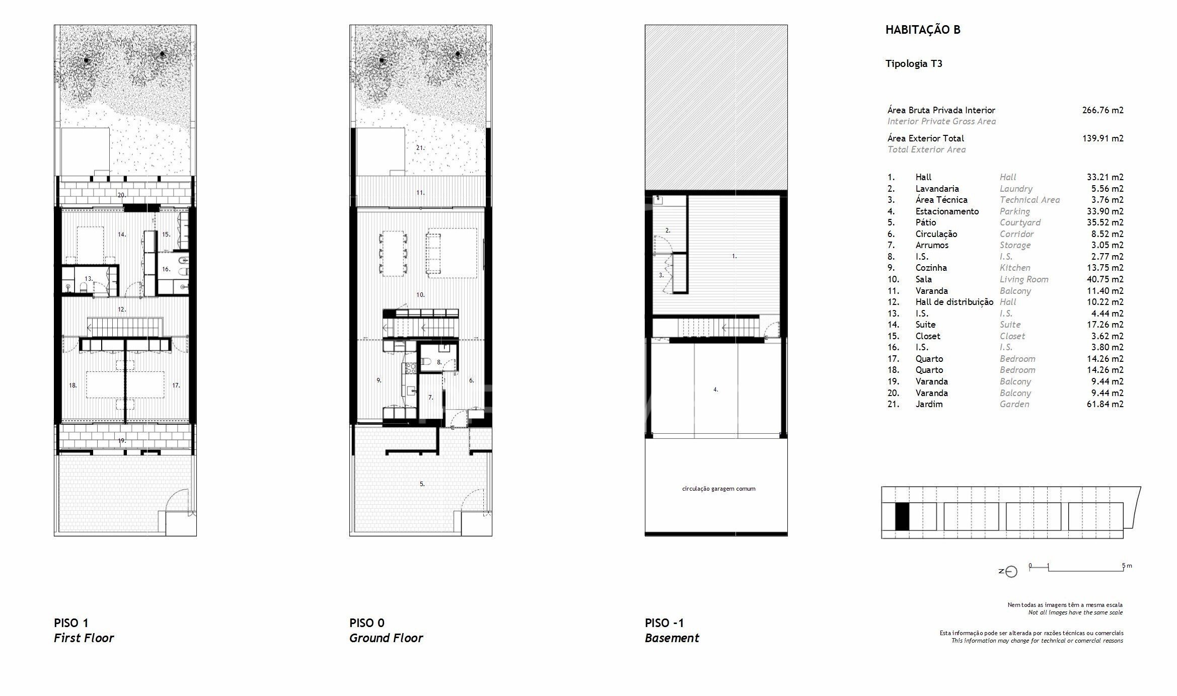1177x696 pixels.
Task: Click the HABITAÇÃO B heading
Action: click(923, 30)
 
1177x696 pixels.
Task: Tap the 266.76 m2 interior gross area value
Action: click(1102, 110)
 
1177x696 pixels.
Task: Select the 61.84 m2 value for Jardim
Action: click(1105, 404)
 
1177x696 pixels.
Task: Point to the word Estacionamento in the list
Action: click(947, 211)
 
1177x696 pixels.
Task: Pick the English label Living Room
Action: click(1024, 279)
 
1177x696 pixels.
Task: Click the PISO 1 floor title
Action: click(71, 623)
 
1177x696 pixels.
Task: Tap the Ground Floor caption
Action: click(386, 638)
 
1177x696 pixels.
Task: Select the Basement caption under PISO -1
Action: click(672, 638)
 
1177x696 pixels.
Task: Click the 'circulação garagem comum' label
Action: click(718, 489)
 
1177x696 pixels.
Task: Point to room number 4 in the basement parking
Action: click(715, 390)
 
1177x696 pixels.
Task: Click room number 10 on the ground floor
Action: click(420, 294)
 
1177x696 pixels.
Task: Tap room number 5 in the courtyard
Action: click(422, 484)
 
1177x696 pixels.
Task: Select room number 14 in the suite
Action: click(121, 235)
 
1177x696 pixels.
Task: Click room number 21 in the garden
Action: click(420, 148)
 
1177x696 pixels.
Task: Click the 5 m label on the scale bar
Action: click(1127, 566)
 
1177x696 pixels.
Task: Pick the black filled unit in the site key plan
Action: click(902, 517)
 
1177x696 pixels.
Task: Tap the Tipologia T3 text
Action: click(914, 64)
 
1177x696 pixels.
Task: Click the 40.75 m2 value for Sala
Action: click(1105, 279)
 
